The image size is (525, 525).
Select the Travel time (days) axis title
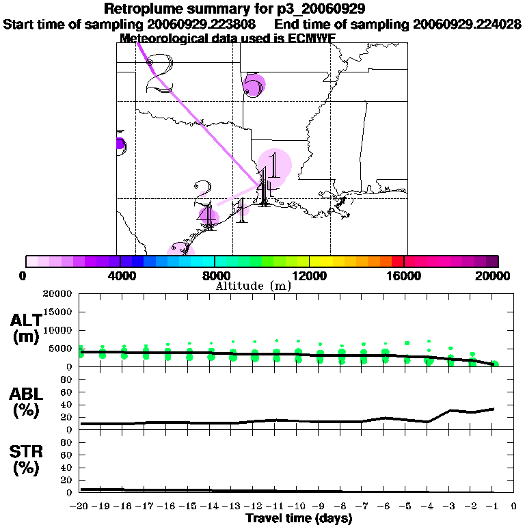pyautogui.click(x=299, y=518)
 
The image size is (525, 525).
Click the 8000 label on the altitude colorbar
pyautogui.click(x=214, y=276)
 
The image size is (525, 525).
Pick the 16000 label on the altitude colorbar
pyautogui.click(x=403, y=276)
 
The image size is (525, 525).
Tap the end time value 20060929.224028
pyautogui.click(x=468, y=24)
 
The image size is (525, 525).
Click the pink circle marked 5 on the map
pyautogui.click(x=254, y=85)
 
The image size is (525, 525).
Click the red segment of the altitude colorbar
pyautogui.click(x=396, y=261)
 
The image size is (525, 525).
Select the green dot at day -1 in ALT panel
pyautogui.click(x=494, y=364)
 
